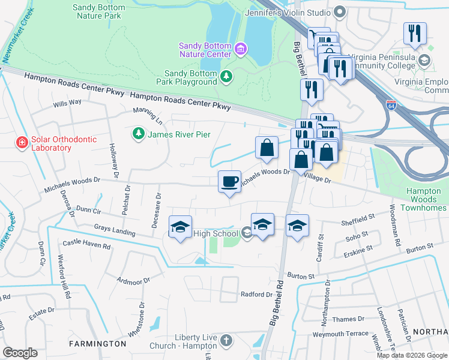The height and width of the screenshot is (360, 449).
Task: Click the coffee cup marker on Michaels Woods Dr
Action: (x=229, y=182)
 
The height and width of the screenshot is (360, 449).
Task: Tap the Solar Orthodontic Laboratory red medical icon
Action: (x=22, y=142)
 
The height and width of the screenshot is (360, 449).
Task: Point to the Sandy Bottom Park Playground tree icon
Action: (x=226, y=76)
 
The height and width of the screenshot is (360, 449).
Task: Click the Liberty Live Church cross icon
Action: (x=226, y=341)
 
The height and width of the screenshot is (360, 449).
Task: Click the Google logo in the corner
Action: (x=20, y=353)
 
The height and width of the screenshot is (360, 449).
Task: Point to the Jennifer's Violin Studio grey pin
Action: (x=340, y=11)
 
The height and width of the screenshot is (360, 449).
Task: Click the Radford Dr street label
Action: (x=256, y=294)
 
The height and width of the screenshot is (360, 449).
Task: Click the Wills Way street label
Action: (x=67, y=103)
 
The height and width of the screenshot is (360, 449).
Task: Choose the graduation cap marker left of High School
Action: (x=180, y=227)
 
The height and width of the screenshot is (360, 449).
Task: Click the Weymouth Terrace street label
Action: (x=340, y=334)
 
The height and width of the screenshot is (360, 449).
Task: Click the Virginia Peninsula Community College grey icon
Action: (x=424, y=60)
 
